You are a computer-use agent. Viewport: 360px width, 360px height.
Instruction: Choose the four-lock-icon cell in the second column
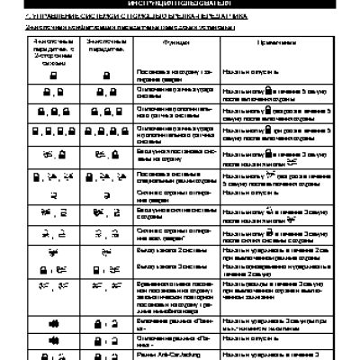(x=102, y=156)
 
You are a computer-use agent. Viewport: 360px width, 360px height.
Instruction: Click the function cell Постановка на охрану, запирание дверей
(x=150, y=96)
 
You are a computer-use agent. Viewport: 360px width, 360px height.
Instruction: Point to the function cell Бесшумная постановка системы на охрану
(x=150, y=175)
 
